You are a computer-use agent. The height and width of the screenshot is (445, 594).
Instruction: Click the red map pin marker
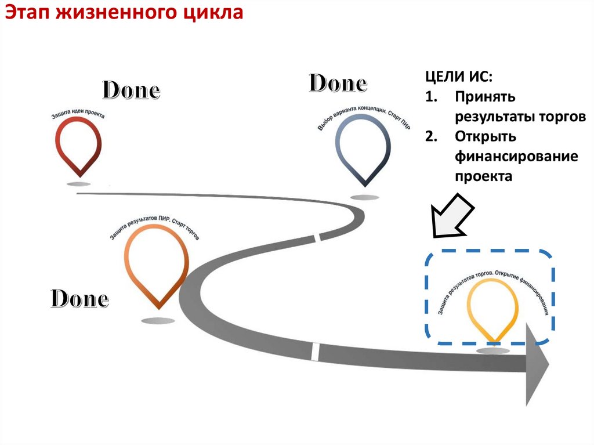tap(79, 145)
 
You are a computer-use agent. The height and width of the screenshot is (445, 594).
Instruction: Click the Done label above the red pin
tap(131, 91)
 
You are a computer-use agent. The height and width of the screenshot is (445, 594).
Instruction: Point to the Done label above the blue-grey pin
tap(338, 84)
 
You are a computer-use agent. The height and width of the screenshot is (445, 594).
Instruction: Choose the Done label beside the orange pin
tap(79, 299)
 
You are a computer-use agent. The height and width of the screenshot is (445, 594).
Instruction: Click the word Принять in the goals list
tap(485, 97)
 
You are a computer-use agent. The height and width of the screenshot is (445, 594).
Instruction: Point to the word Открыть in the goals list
tap(486, 137)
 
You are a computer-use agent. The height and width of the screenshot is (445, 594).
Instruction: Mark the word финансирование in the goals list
tap(516, 157)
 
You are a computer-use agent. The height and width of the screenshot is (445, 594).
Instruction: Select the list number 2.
tap(430, 137)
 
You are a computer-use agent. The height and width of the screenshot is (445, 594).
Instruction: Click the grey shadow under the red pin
tap(79, 184)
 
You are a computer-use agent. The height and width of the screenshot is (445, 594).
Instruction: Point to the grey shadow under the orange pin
tap(157, 320)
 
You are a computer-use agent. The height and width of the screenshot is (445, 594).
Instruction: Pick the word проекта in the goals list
tap(483, 176)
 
